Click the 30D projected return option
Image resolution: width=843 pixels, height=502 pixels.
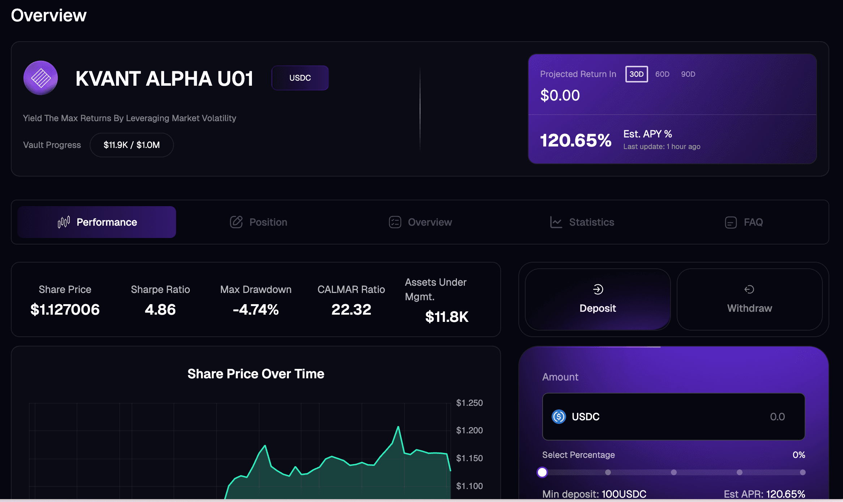[636, 74]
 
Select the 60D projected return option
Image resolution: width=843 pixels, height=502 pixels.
[662, 74]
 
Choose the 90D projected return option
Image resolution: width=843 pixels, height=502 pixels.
[688, 74]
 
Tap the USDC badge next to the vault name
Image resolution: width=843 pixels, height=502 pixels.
[300, 78]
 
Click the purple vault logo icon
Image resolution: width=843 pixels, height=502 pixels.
[41, 78]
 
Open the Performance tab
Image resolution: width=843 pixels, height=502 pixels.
[97, 222]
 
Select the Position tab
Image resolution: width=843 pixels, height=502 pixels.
[259, 222]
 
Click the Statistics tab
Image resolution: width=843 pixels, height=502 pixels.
[582, 222]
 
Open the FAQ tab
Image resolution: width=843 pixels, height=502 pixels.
[744, 222]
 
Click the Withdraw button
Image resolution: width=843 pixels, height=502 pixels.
[749, 299]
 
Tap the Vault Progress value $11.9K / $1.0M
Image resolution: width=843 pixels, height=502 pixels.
[132, 145]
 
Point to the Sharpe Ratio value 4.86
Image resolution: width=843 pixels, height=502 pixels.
[160, 310]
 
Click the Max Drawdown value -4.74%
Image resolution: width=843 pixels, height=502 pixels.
[256, 310]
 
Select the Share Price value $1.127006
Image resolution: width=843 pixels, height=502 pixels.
[65, 310]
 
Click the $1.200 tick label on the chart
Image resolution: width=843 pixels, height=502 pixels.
[469, 430]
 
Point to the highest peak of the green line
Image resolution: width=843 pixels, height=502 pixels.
[398, 427]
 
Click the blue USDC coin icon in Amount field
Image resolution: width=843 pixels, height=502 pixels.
[559, 417]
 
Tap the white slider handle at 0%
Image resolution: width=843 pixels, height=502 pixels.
[542, 472]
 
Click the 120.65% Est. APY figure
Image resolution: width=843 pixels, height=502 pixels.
[575, 140]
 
